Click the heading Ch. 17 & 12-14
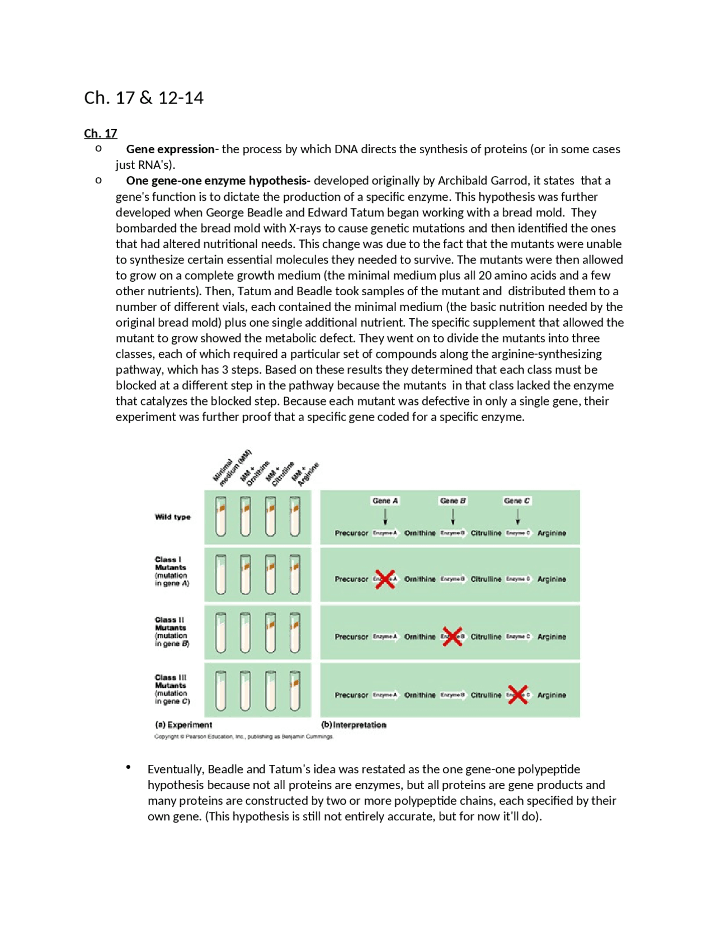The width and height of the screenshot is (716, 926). (144, 98)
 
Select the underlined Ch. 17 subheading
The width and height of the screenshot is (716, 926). (100, 133)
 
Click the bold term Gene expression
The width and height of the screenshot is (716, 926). (170, 149)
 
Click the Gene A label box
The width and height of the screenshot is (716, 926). (385, 500)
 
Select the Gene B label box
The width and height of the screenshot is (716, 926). (453, 500)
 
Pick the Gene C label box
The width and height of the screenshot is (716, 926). (516, 500)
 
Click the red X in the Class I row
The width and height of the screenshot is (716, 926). (385, 579)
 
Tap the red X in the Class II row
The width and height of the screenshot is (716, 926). (452, 636)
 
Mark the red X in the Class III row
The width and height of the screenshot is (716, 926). (517, 694)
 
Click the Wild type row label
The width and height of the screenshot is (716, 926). (173, 517)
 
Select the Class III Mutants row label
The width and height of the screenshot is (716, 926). (172, 689)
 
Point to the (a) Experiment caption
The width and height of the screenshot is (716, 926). (183, 725)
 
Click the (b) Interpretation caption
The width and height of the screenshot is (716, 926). (354, 725)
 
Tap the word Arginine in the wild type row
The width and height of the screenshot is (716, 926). (552, 533)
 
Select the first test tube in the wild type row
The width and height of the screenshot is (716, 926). (221, 517)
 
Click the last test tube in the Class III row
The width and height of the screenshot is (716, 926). (295, 690)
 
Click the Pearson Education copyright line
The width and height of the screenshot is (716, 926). (243, 736)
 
